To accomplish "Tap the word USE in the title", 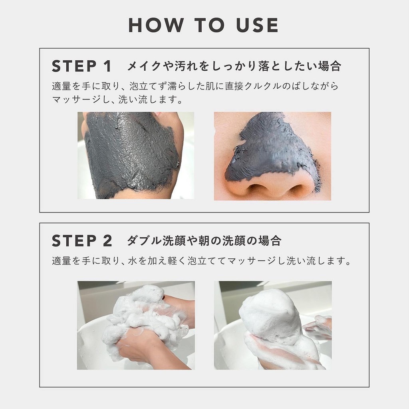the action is point(257,25).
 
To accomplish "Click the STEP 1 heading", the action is point(82,66).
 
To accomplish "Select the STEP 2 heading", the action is point(82,240).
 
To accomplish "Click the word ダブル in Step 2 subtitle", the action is point(144,240).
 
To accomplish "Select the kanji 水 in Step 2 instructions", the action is point(133,260).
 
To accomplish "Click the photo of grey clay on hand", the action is point(136,155).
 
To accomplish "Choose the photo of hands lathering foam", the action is point(136,325).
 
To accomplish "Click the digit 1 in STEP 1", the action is point(107,66).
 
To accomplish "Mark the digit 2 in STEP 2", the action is point(107,240).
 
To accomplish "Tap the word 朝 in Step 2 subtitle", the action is point(204,240).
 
